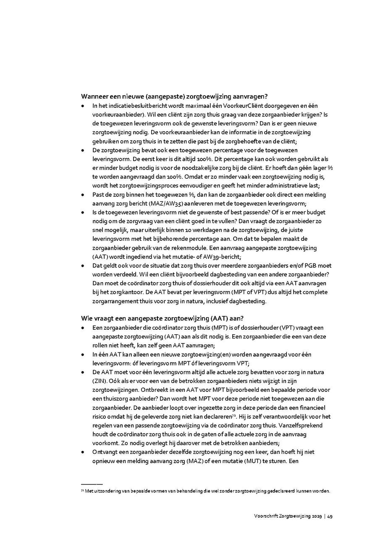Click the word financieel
click(x=312, y=407)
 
